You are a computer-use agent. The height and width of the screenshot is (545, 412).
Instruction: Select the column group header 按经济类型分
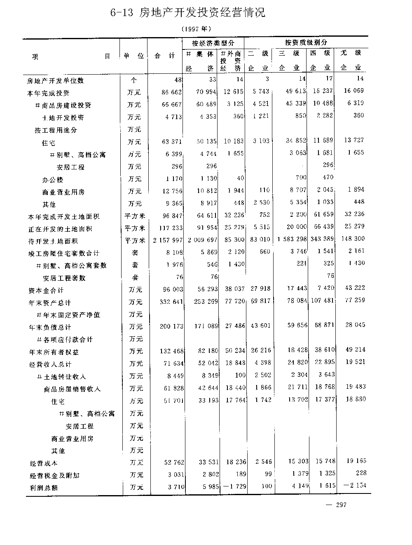tap(213, 43)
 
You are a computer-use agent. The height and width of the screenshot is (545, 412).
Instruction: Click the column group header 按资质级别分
tap(306, 42)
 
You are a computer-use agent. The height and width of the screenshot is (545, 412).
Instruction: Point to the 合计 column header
tap(164, 56)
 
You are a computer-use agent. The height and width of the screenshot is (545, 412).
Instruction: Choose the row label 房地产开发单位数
tap(55, 80)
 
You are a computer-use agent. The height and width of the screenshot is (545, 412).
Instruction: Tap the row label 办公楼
tap(53, 180)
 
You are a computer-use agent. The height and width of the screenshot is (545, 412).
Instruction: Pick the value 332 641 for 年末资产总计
tap(171, 302)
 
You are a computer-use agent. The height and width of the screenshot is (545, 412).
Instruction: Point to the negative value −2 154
tap(354, 486)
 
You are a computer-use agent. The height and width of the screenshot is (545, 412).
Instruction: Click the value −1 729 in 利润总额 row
tap(234, 487)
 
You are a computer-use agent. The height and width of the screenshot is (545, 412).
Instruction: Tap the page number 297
tap(341, 505)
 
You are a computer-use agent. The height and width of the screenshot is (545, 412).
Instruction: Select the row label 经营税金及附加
tap(54, 475)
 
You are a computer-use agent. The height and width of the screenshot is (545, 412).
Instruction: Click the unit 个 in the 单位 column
tap(134, 80)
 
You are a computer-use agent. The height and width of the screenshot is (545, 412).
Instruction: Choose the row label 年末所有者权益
tap(54, 352)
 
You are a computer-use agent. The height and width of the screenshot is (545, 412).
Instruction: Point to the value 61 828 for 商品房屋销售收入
tap(173, 388)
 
